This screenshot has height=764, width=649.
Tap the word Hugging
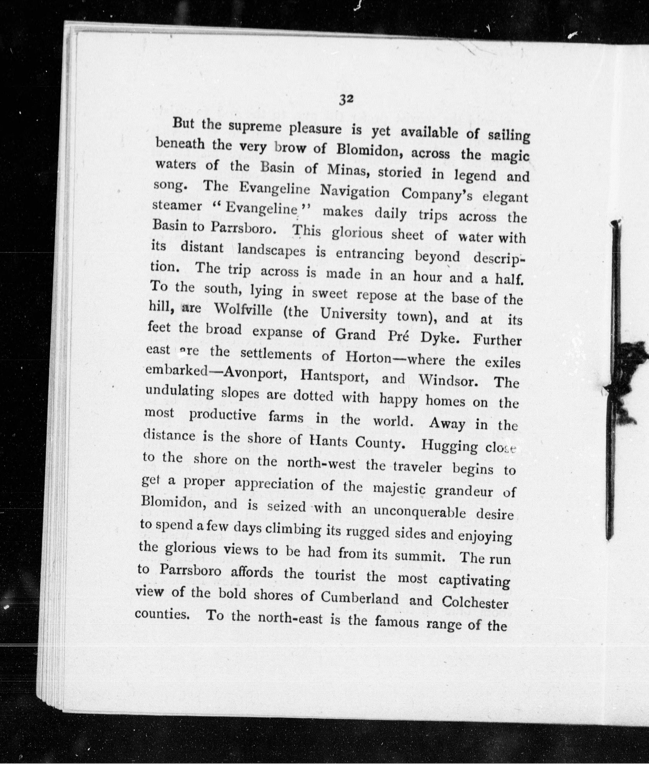(x=449, y=446)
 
